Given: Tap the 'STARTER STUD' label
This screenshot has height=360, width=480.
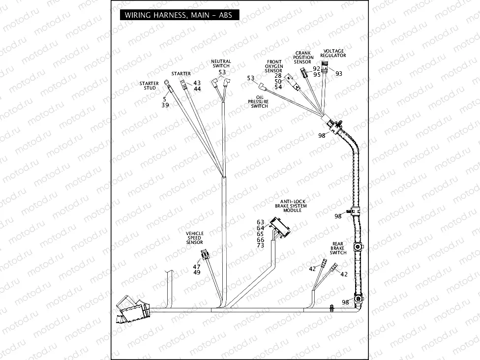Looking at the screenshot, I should click(x=149, y=86).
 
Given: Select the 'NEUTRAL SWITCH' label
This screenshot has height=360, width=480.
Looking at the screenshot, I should click(x=221, y=63).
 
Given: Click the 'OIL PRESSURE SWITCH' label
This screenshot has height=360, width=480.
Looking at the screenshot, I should click(x=259, y=102).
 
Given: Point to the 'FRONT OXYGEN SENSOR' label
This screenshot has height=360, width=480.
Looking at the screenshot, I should click(x=274, y=66).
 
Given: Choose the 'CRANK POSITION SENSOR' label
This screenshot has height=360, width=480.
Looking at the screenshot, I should click(x=303, y=58).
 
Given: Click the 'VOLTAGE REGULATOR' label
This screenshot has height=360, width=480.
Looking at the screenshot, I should click(x=333, y=53).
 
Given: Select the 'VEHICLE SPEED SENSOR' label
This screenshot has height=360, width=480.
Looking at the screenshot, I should click(x=194, y=238).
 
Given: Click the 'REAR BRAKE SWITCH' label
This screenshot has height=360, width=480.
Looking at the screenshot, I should click(x=338, y=248).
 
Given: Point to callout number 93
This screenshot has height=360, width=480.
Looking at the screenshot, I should click(x=339, y=73).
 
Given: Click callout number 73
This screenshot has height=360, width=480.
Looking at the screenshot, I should click(x=261, y=245).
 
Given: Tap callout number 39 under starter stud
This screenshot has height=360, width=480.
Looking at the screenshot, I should click(x=165, y=105).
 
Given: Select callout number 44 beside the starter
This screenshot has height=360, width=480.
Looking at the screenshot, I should click(x=197, y=89).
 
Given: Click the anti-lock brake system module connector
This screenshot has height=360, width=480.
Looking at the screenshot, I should click(x=280, y=228).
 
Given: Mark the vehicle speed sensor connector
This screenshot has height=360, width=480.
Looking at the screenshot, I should click(x=205, y=255).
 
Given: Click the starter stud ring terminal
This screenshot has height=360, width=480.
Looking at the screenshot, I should click(x=168, y=89).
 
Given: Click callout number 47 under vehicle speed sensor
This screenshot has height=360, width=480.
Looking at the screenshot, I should click(x=197, y=267).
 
